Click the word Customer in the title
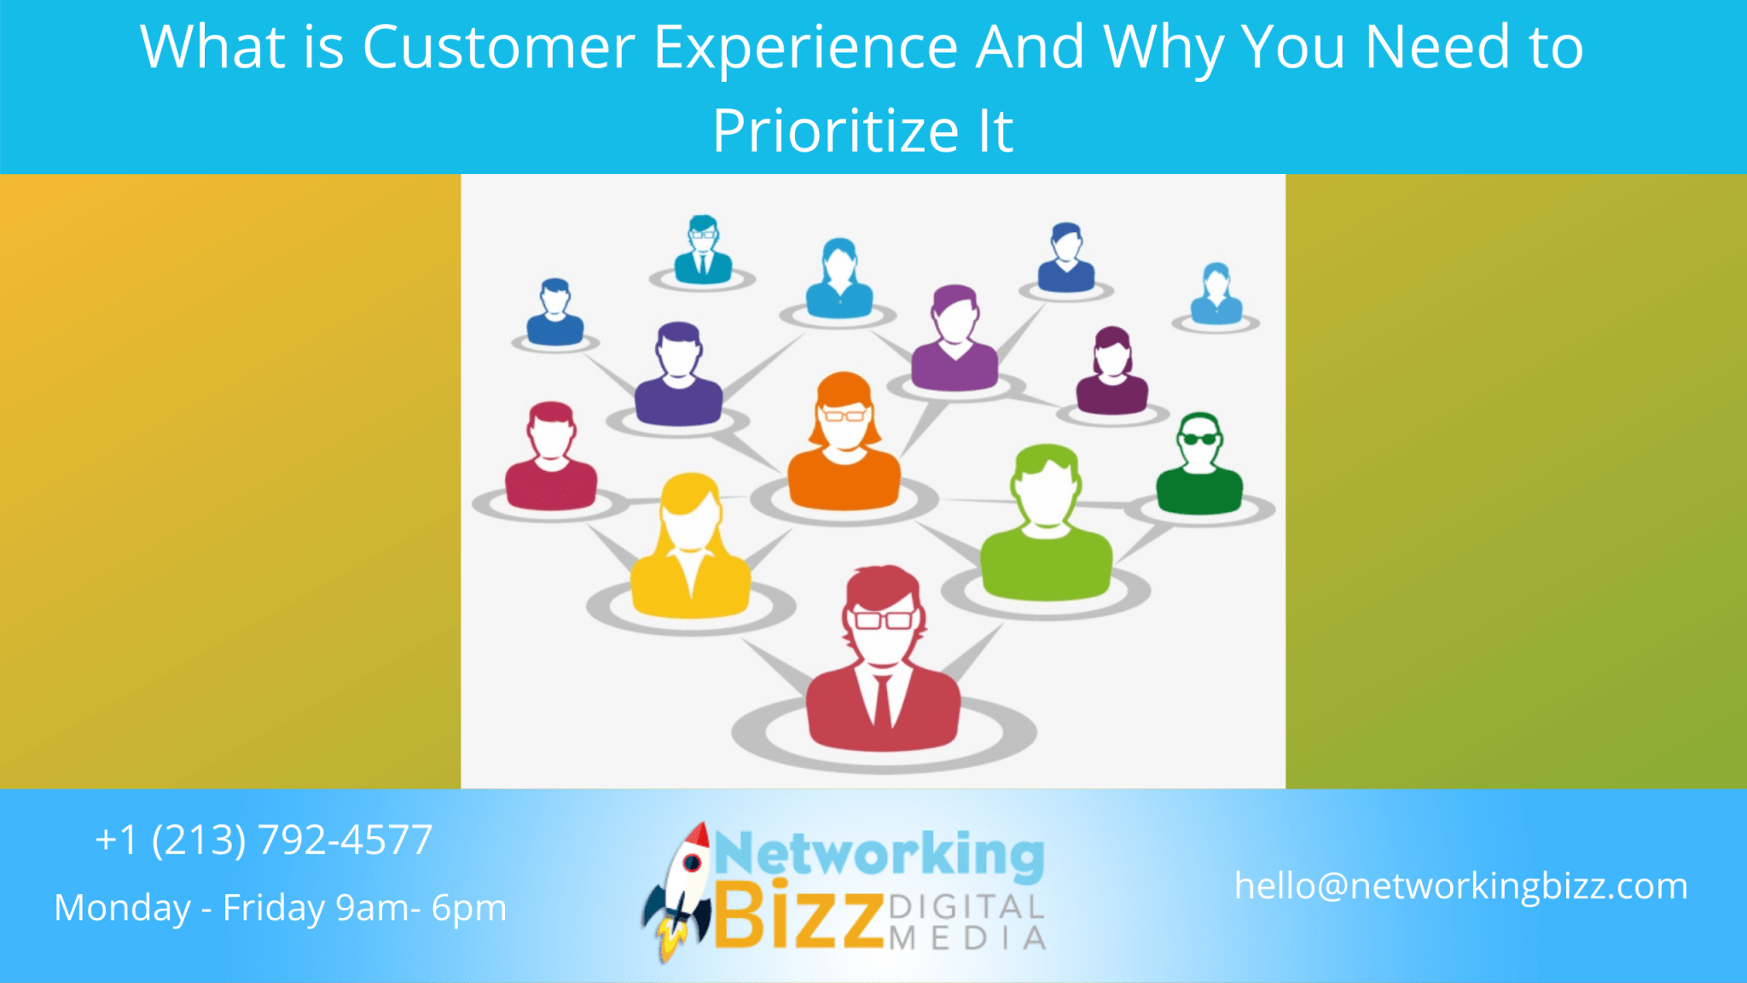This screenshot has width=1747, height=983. [x=498, y=48]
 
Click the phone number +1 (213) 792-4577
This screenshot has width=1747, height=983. [x=264, y=840]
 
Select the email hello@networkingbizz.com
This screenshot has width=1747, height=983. [x=1460, y=886]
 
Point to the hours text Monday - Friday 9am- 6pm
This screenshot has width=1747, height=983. [x=281, y=908]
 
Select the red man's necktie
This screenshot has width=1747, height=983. [x=882, y=700]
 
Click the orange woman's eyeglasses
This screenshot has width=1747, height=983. [x=844, y=416]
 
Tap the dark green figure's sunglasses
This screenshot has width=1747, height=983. [x=1199, y=439]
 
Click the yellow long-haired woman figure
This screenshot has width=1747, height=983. [x=689, y=550]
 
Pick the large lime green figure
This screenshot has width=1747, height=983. [x=1046, y=529]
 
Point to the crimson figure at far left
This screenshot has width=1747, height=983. [x=551, y=461]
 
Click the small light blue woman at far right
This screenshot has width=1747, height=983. [x=1216, y=295]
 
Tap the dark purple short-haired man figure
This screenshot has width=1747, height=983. [x=678, y=377]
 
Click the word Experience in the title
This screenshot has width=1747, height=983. [x=805, y=48]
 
